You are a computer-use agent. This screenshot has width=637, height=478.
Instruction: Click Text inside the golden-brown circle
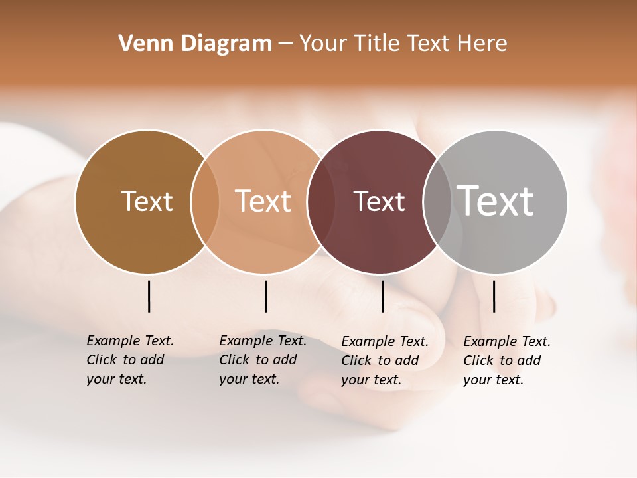point(147,201)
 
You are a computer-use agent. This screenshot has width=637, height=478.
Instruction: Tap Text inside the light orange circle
point(263,201)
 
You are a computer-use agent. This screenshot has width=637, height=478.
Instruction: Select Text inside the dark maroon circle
point(379,201)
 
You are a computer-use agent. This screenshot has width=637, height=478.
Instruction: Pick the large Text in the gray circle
point(496,201)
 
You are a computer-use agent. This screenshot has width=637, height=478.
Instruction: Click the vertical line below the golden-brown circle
point(149,296)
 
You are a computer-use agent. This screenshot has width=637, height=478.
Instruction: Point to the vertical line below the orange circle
point(265,296)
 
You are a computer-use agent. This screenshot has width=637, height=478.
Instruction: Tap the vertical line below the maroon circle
point(382,296)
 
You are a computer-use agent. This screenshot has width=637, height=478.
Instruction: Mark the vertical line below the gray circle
point(494,296)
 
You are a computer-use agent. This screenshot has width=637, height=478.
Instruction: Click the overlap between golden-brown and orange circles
point(205,202)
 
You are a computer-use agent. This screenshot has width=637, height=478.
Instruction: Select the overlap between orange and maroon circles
point(320,202)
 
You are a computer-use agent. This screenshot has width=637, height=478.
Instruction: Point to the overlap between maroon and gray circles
point(437,202)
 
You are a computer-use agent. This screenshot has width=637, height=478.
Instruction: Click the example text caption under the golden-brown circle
point(130,360)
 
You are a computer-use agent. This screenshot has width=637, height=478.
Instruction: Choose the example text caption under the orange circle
point(263,360)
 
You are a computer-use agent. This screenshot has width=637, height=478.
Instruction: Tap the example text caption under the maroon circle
point(385,360)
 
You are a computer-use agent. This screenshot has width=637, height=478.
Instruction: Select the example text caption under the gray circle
point(507,360)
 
